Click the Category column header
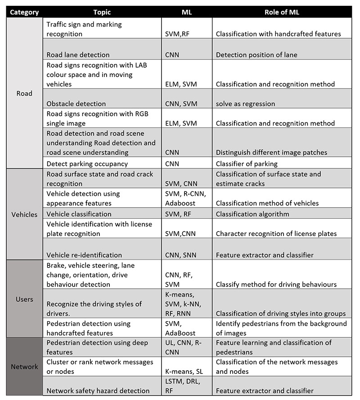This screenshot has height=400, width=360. [24, 12]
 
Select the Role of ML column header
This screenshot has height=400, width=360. [282, 12]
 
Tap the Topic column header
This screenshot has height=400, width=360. [102, 12]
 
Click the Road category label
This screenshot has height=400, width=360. [24, 94]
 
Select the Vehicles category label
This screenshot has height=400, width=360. [24, 214]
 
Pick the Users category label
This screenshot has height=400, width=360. [24, 299]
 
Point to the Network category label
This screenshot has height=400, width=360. [24, 367]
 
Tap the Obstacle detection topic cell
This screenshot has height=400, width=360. [76, 104]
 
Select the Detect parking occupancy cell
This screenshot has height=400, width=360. [87, 164]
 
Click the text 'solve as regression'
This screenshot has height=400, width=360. [245, 104]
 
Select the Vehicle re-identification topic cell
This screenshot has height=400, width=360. [84, 255]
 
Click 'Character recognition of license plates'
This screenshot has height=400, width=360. [276, 234]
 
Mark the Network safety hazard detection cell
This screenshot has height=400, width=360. [98, 391]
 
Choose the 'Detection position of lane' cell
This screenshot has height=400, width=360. [256, 55]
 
